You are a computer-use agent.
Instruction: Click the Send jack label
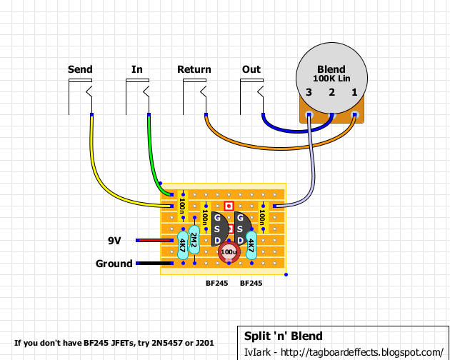point(79,69)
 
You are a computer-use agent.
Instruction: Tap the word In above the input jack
point(137,69)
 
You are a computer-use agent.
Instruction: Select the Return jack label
point(194,69)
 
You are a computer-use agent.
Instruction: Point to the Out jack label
point(251,69)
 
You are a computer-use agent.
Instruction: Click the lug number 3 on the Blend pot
point(309,92)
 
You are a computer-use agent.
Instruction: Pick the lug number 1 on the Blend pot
point(354,92)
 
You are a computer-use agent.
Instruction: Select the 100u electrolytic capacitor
point(229,252)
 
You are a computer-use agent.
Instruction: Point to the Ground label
point(114,264)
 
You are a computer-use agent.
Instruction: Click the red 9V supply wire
point(154,241)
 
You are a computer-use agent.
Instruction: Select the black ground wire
point(154,264)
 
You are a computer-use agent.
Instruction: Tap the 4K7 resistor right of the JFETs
point(251,244)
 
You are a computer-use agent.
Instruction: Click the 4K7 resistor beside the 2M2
point(183,244)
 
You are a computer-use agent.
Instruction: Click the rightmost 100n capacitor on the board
point(263,213)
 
